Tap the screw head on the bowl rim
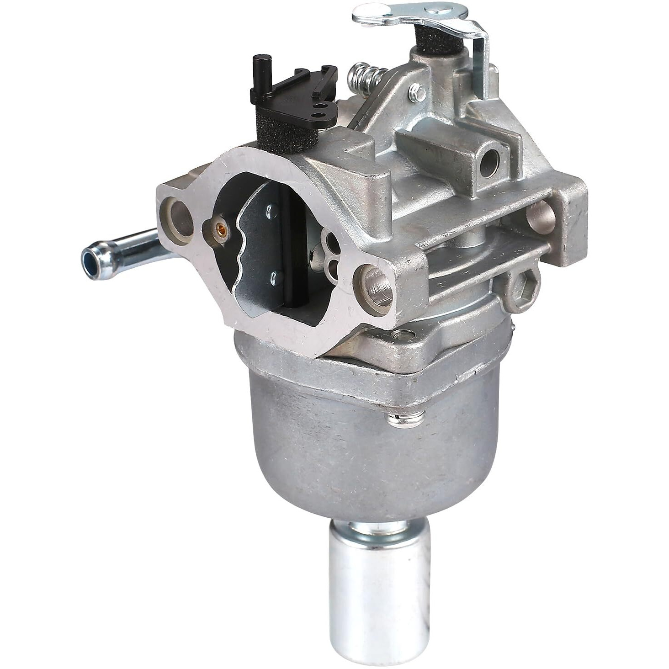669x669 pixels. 405,419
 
